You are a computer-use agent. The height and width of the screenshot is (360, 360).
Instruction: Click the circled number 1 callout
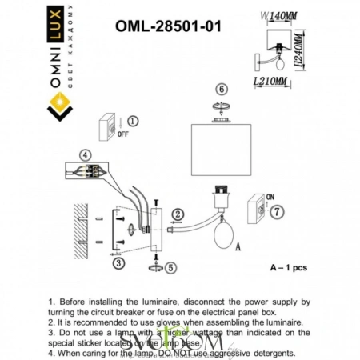[134, 121]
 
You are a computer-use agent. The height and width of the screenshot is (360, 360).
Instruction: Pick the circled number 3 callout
[118, 262]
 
